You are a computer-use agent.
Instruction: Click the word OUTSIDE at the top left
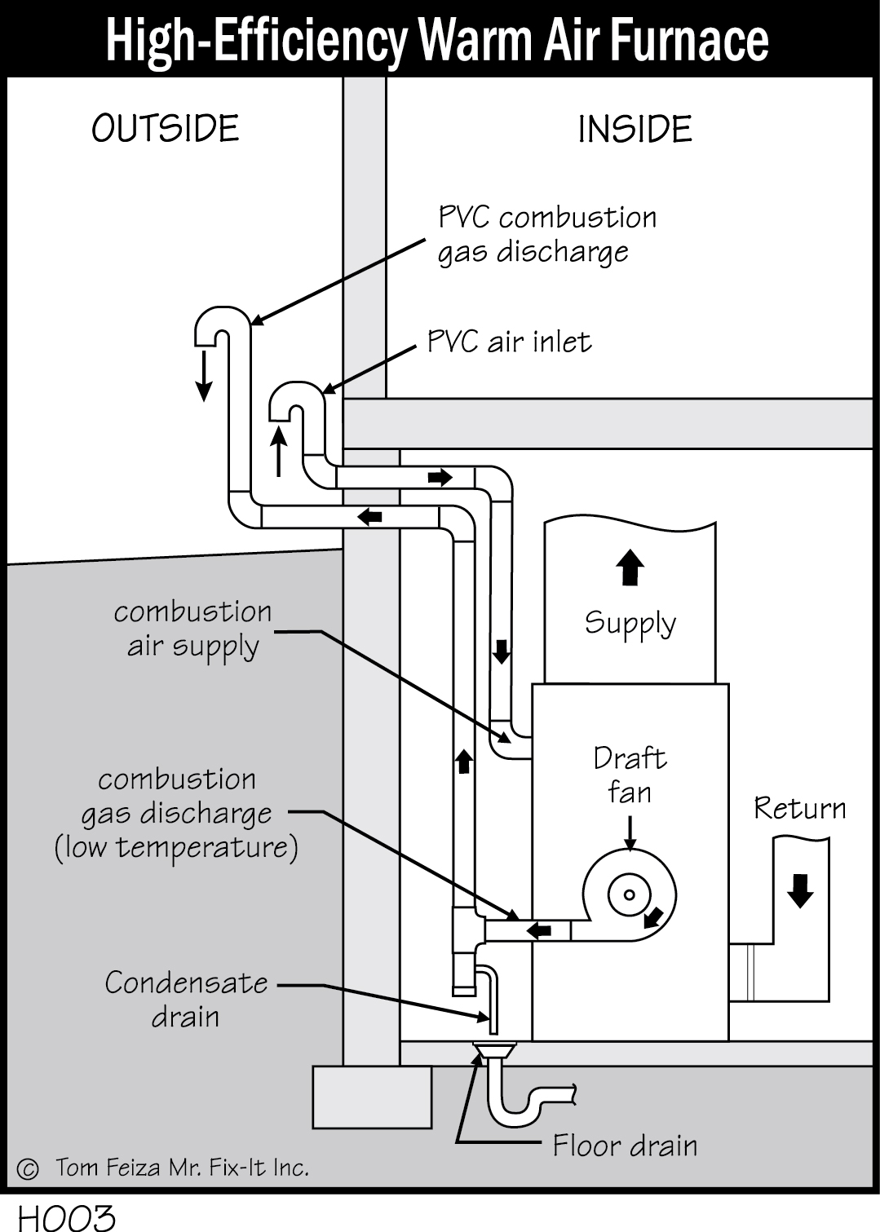point(166,129)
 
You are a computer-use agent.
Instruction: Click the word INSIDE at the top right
point(635,130)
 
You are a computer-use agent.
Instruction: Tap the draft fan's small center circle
point(629,894)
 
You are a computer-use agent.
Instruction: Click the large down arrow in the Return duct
point(801,890)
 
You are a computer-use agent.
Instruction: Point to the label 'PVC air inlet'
point(509,341)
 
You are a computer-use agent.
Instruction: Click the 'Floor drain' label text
point(625,1146)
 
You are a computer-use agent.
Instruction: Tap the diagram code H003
point(67,1217)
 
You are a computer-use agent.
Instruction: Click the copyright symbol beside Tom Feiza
point(27,1168)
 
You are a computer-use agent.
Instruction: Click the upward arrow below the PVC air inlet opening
point(279,451)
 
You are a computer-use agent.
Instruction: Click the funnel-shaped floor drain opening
point(495,1052)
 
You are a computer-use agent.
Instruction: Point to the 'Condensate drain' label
point(186,1000)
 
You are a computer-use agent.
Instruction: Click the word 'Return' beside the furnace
point(799,808)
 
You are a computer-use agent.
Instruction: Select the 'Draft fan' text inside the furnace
point(630,775)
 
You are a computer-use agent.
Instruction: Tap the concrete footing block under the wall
point(372,1097)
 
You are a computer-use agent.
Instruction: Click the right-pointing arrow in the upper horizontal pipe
point(440,477)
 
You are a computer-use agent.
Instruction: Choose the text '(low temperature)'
point(176,848)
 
